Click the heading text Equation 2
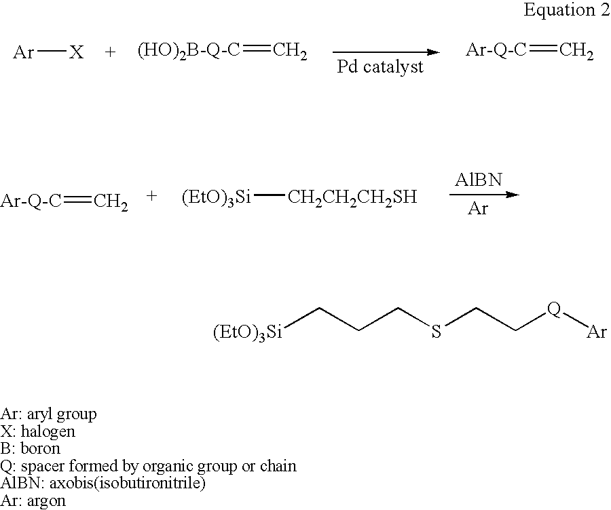click(x=567, y=10)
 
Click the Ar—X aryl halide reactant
click(x=48, y=52)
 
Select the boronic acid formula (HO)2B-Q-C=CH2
click(x=223, y=52)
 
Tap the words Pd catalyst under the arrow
click(x=380, y=67)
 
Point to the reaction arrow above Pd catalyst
click(x=386, y=52)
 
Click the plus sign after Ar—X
click(x=111, y=52)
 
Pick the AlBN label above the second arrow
click(x=479, y=180)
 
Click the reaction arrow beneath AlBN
click(x=484, y=195)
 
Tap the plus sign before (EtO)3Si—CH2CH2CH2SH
click(x=151, y=196)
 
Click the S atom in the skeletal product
click(x=436, y=332)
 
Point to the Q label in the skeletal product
click(x=554, y=309)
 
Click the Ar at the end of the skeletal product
click(x=597, y=332)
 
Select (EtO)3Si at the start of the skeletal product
click(x=247, y=333)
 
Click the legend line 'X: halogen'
click(x=38, y=431)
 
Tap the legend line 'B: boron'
click(x=31, y=448)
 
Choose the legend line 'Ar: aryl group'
click(x=48, y=414)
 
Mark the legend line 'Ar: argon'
click(x=33, y=501)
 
